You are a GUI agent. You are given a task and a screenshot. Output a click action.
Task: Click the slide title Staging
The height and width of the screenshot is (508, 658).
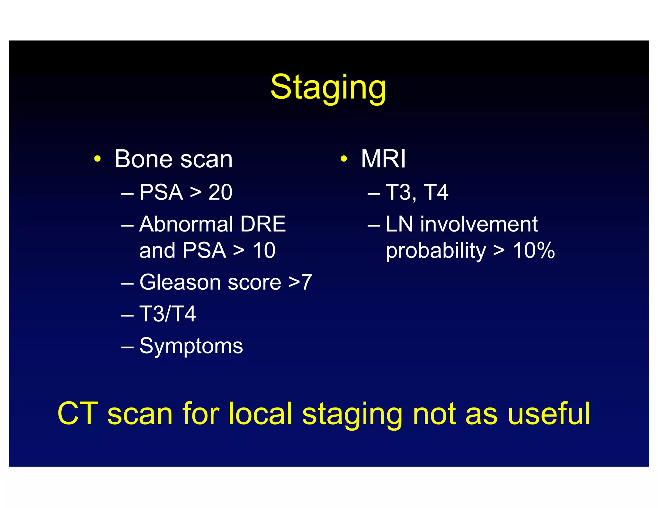pyautogui.click(x=328, y=87)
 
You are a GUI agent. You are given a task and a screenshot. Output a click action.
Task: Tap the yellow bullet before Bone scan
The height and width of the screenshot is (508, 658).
pyautogui.click(x=98, y=159)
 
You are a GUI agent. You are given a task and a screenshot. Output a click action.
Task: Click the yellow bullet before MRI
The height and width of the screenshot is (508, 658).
pyautogui.click(x=344, y=159)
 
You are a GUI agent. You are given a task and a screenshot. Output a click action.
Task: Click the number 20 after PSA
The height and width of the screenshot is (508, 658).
pyautogui.click(x=220, y=192)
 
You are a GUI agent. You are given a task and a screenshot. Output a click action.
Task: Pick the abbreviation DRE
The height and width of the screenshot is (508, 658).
pyautogui.click(x=263, y=224)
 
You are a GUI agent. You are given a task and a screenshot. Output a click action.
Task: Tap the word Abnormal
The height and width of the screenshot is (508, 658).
pyautogui.click(x=186, y=224)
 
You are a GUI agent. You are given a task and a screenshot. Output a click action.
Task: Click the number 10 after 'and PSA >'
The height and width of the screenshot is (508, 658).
pyautogui.click(x=264, y=250)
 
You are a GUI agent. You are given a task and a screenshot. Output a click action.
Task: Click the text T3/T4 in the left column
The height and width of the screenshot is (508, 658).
pyautogui.click(x=167, y=314)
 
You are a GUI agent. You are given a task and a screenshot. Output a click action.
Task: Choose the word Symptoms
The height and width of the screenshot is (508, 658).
pyautogui.click(x=191, y=346)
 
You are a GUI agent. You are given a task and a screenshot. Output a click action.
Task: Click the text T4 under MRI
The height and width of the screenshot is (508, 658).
pyautogui.click(x=436, y=192)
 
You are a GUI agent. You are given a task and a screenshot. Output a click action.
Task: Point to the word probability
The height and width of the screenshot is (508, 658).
pyautogui.click(x=436, y=251)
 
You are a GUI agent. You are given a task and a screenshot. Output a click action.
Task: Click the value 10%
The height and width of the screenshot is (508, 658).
pyautogui.click(x=534, y=250)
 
